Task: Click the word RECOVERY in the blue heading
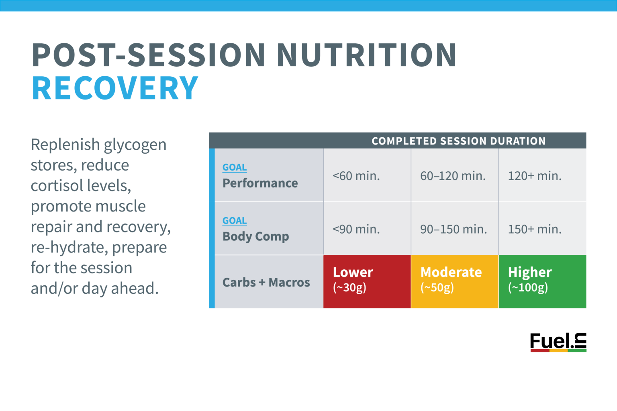coord(115,88)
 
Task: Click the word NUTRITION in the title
coord(366,55)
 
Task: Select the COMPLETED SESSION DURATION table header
coord(458,141)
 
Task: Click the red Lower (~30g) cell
coord(367,281)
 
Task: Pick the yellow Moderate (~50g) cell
coord(454,281)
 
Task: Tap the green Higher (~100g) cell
coord(542,281)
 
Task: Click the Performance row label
coord(260,183)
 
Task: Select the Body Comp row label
coord(255,236)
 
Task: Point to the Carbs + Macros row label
coord(266,282)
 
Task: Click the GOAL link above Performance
coord(235,167)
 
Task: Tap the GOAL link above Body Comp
coord(235,221)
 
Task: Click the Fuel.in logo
coord(558,342)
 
